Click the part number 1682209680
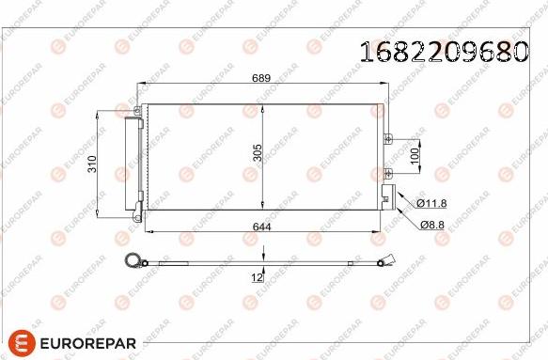click(x=443, y=52)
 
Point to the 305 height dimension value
click(x=256, y=153)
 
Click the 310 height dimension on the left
click(x=91, y=164)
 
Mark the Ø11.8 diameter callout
click(x=431, y=203)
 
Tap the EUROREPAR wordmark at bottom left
click(x=88, y=342)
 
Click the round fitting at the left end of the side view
click(x=133, y=263)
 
